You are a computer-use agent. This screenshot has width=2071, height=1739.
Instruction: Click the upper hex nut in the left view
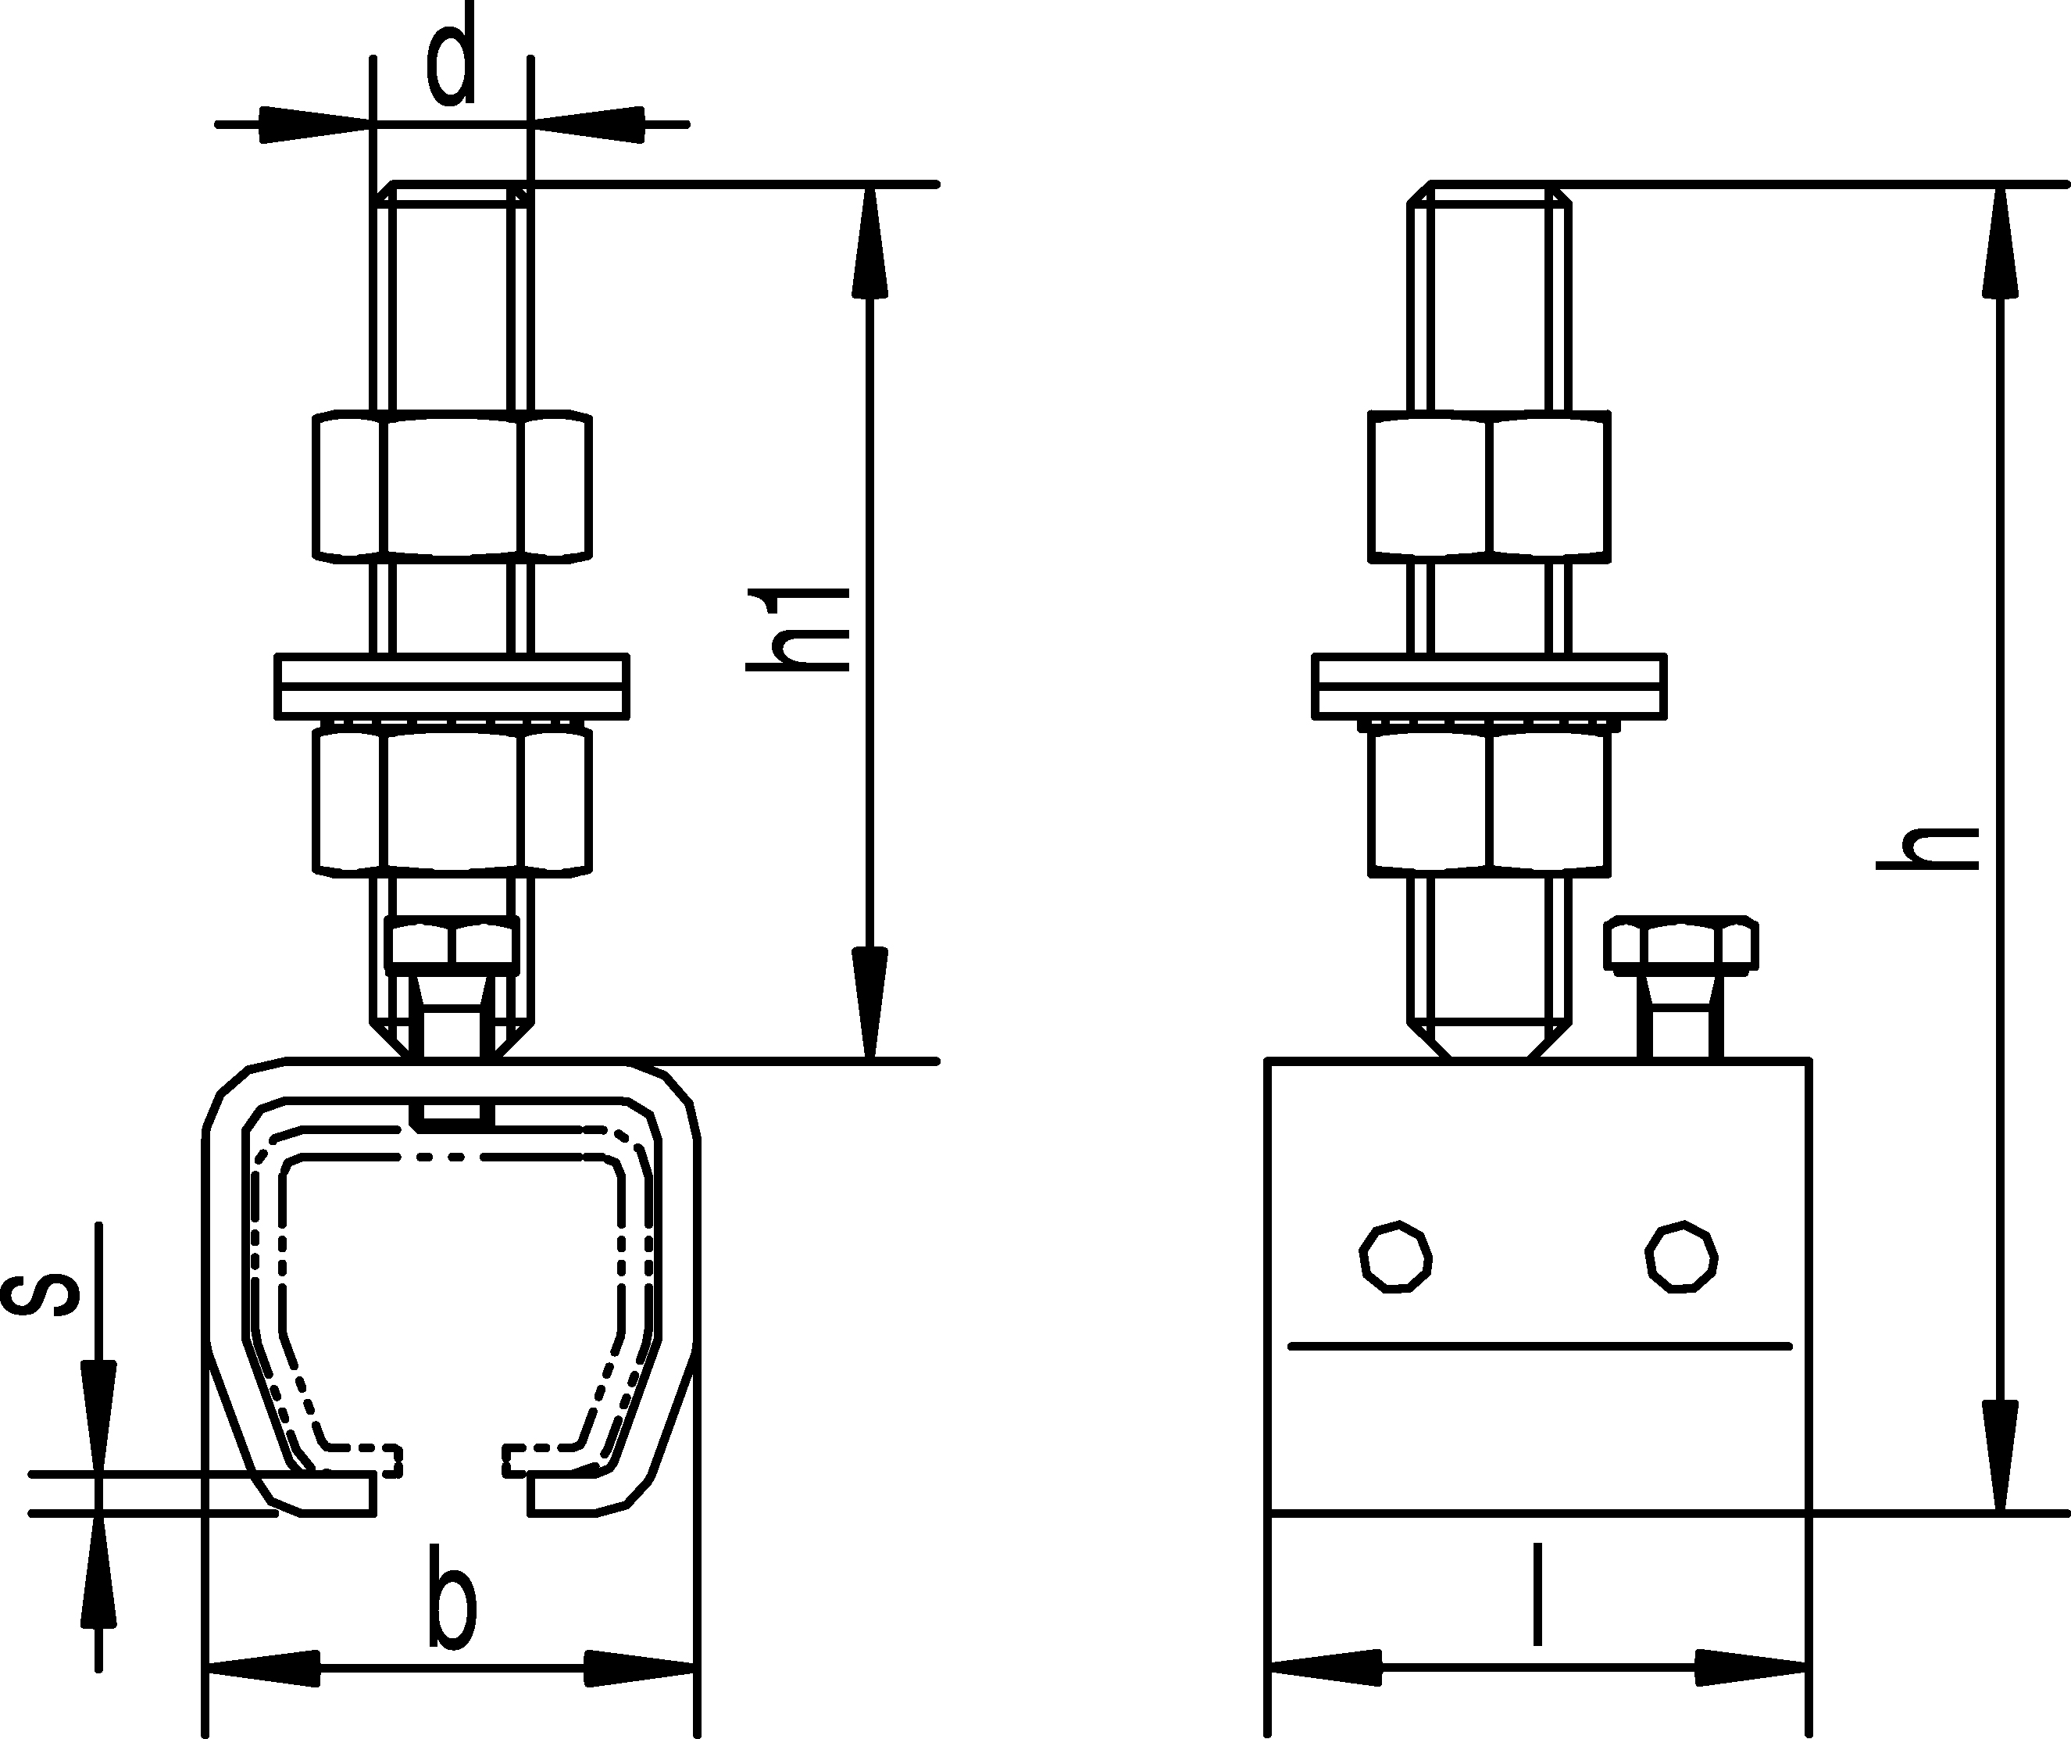tap(452, 486)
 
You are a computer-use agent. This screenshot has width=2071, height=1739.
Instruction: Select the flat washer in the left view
tap(452, 685)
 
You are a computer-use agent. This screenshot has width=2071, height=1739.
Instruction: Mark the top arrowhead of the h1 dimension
tap(869, 241)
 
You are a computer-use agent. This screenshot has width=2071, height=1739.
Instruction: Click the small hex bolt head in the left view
tap(452, 942)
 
